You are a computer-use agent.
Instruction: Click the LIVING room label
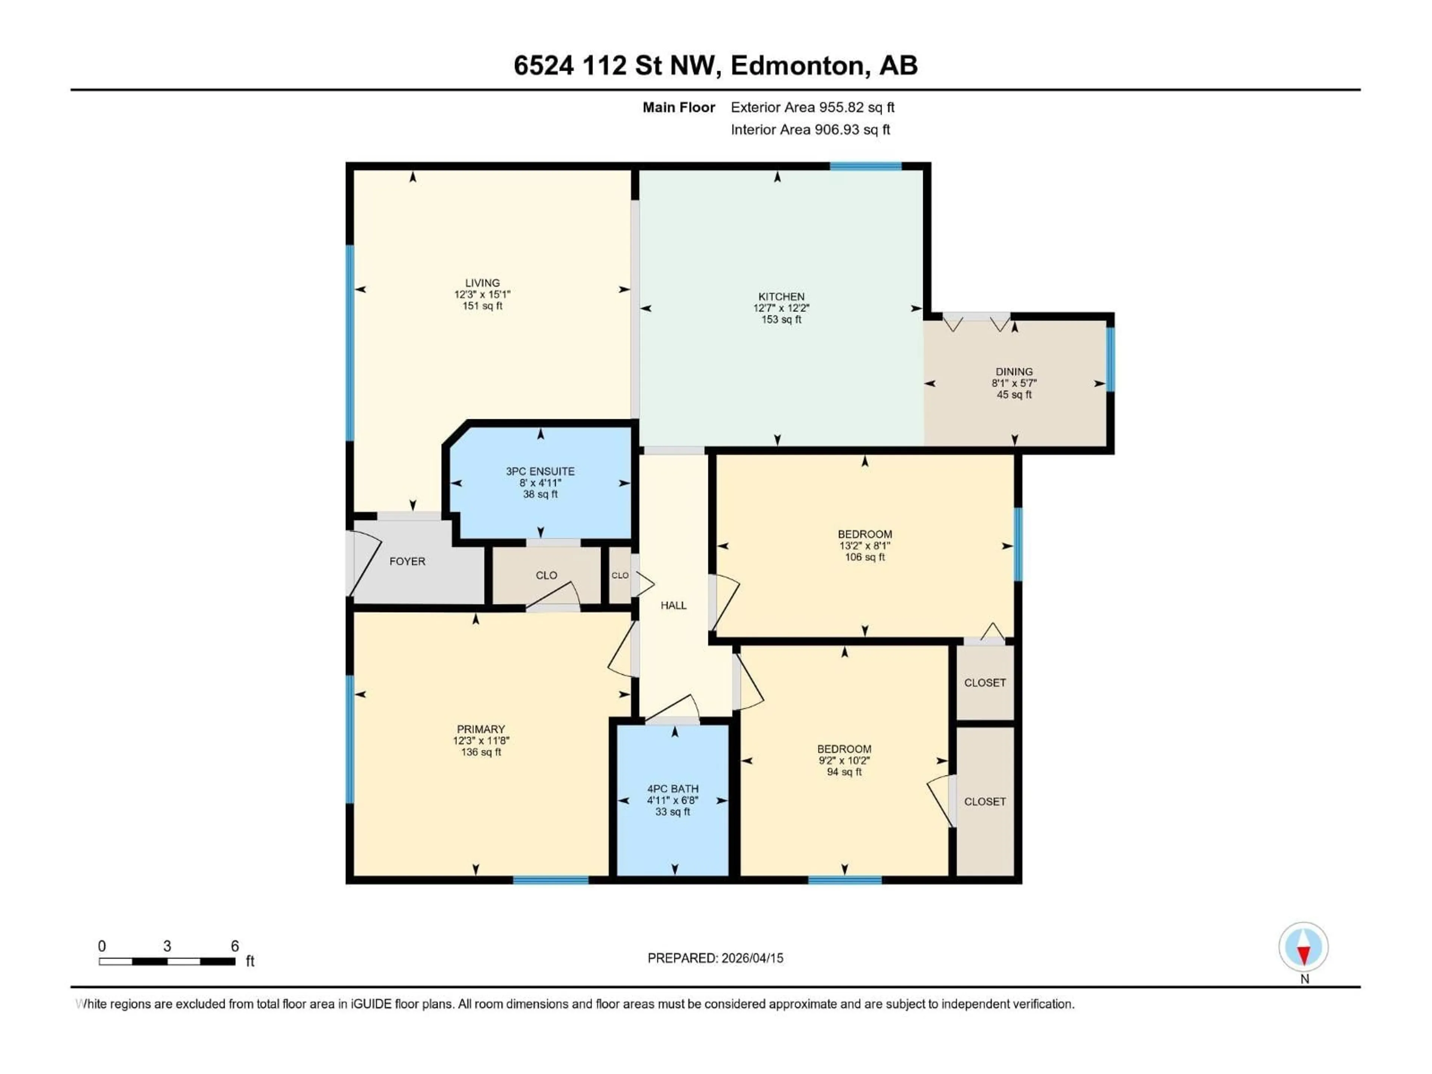coord(482,283)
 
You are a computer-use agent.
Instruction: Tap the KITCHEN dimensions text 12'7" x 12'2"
coord(781,308)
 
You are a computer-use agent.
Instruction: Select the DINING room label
coord(1014,371)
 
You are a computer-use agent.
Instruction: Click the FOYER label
coord(407,561)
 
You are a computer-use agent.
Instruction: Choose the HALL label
coord(673,605)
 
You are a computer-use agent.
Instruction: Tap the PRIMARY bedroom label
coord(480,729)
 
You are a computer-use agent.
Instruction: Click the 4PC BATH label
coord(673,788)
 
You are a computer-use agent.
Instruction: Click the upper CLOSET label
coord(984,682)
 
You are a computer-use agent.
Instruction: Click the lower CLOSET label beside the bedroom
coord(984,801)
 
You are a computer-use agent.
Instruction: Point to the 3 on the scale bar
coord(167,946)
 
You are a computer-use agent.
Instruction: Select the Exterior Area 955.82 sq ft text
coord(813,107)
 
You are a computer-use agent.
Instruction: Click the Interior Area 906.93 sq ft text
coord(810,129)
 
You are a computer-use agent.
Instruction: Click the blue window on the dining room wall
coord(1110,359)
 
